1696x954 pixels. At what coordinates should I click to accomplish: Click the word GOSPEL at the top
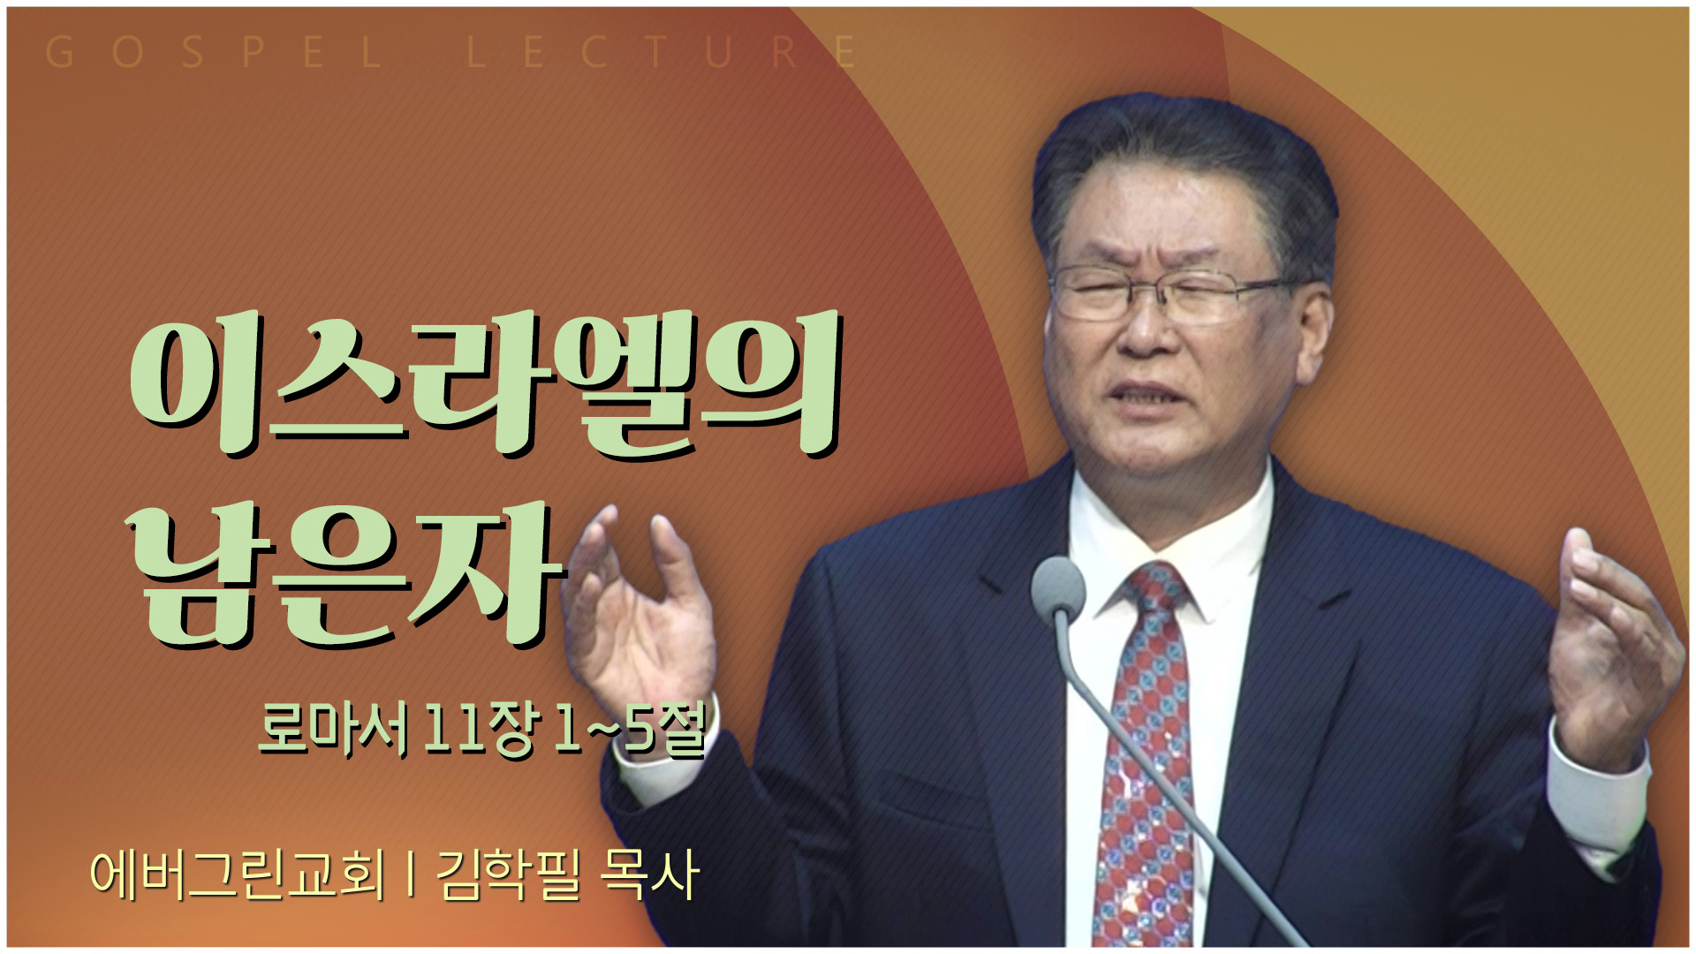(x=213, y=52)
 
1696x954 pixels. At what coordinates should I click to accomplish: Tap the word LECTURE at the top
(x=662, y=52)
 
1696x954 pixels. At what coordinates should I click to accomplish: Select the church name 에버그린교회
(x=238, y=874)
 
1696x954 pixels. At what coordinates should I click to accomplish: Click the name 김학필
(x=507, y=874)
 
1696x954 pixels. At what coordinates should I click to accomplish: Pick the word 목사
(x=649, y=874)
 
